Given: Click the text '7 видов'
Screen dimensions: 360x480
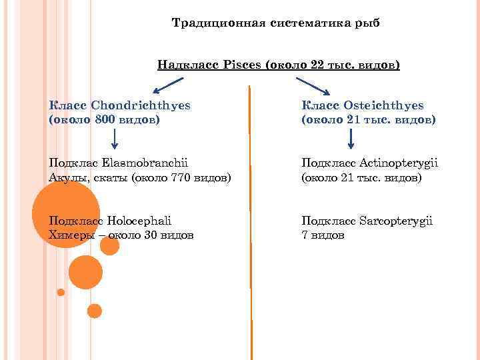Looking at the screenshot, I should click(323, 235).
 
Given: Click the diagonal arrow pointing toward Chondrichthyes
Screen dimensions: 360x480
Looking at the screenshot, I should click(167, 85).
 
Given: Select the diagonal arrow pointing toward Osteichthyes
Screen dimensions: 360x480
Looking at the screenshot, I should click(313, 85).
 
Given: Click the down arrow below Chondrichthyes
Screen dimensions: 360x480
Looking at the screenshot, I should click(115, 139).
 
